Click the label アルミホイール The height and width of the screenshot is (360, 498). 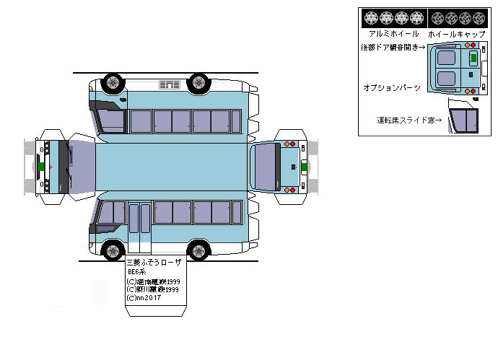[393, 34]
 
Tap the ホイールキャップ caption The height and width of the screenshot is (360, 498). [455, 34]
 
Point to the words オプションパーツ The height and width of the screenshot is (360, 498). [392, 87]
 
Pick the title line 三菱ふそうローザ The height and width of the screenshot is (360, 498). [154, 263]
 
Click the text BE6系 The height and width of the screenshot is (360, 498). [137, 272]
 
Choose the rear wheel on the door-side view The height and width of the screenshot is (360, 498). [198, 251]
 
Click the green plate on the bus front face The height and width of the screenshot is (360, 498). [43, 165]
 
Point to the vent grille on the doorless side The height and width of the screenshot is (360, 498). [170, 86]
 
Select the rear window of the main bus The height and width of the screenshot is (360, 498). [266, 166]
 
